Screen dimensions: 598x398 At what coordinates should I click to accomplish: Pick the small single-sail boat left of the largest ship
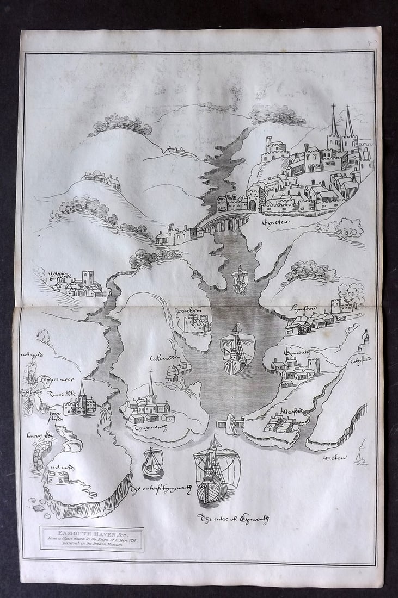click(153, 464)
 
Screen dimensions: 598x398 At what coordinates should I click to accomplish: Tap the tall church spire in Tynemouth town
click(151, 385)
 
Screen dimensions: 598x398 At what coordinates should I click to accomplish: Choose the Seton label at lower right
click(335, 457)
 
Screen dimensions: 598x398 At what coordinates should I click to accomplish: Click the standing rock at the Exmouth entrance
click(232, 425)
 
